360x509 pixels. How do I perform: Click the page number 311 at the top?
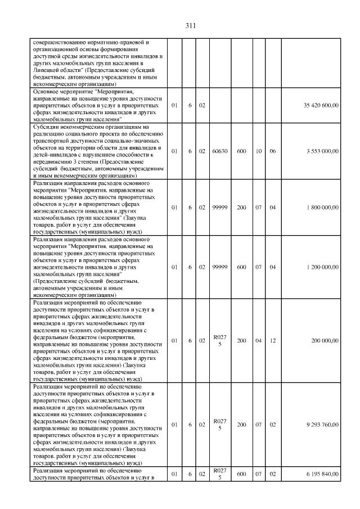(x=190, y=25)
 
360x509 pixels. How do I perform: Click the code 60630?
(x=219, y=151)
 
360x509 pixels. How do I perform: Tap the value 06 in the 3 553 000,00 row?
(x=273, y=151)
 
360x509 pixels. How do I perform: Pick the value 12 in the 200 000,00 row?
(x=273, y=340)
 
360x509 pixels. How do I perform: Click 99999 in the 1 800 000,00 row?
(x=219, y=208)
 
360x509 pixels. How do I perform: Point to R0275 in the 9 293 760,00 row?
(x=219, y=424)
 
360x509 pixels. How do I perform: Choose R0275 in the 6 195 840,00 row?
(x=219, y=474)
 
